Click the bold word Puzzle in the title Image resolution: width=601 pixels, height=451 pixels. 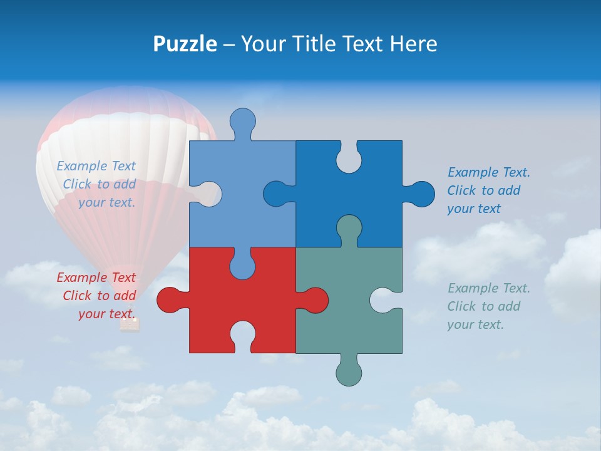pyautogui.click(x=185, y=44)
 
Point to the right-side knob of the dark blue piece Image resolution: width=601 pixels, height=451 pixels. pyautogui.click(x=421, y=194)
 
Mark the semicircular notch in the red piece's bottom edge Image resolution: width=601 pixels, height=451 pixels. pyautogui.click(x=243, y=335)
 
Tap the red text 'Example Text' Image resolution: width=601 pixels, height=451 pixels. pyautogui.click(x=96, y=277)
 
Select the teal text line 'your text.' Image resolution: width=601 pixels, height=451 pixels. pyautogui.click(x=475, y=324)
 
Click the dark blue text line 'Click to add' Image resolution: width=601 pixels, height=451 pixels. pyautogui.click(x=484, y=190)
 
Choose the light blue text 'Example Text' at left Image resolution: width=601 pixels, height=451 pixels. pyautogui.click(x=96, y=166)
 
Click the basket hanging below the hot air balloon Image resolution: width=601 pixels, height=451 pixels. pyautogui.click(x=130, y=324)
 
